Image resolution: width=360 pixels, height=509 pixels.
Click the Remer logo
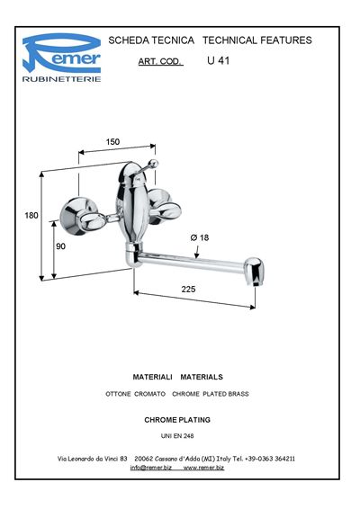tap(61, 53)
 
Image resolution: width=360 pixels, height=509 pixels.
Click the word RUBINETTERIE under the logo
tap(61, 79)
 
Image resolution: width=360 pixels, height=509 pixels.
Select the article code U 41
tap(218, 61)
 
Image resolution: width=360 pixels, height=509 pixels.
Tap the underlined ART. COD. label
tap(160, 62)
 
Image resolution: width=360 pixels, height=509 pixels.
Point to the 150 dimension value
tap(112, 142)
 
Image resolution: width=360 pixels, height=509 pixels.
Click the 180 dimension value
tap(31, 215)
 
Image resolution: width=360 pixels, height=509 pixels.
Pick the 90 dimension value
tap(60, 246)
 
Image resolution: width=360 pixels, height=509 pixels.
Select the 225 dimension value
tap(188, 289)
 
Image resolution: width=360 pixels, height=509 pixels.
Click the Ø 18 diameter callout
tap(200, 237)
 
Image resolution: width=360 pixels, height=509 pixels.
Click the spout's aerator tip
tap(254, 272)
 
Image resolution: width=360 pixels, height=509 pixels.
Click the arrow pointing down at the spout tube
tap(196, 252)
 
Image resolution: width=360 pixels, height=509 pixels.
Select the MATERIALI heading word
tap(152, 377)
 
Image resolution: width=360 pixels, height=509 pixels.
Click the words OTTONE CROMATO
tap(135, 394)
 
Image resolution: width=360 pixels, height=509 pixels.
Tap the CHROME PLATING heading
tap(177, 420)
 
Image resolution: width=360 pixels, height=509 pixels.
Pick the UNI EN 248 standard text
tap(177, 436)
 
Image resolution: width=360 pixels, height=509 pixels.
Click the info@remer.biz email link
tap(151, 468)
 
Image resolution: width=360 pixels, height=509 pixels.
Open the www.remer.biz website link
tap(203, 468)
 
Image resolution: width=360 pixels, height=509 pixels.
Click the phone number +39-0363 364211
tap(270, 459)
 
